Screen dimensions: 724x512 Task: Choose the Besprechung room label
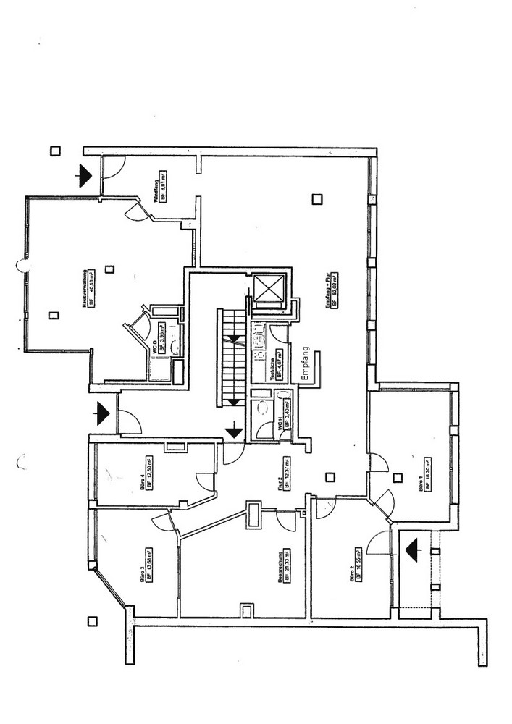279,566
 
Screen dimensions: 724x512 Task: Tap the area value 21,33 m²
287,566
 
